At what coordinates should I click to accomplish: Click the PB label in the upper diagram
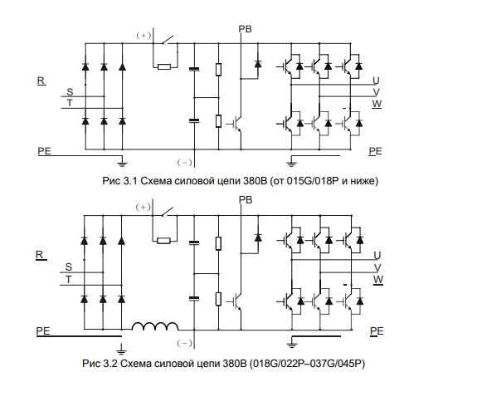(x=245, y=29)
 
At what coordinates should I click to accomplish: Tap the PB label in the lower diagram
(x=246, y=200)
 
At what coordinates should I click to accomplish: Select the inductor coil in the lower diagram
(x=155, y=326)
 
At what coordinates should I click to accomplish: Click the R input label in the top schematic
(x=41, y=81)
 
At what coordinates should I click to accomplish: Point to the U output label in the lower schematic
(x=377, y=255)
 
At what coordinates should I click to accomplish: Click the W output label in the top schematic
(x=377, y=104)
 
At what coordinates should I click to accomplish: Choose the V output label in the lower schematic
(x=377, y=267)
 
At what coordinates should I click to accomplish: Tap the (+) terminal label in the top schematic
(x=144, y=36)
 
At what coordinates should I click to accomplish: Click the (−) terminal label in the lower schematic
(x=185, y=343)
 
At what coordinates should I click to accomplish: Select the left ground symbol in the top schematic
(x=122, y=163)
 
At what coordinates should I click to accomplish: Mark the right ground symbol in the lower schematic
(x=292, y=343)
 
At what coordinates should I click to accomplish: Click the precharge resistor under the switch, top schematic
(x=164, y=66)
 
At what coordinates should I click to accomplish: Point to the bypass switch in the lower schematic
(x=168, y=211)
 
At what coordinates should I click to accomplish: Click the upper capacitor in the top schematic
(x=194, y=70)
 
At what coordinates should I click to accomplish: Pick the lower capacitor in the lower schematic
(x=194, y=298)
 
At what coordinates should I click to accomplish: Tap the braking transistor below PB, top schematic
(x=235, y=124)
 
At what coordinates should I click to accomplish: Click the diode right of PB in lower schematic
(x=258, y=237)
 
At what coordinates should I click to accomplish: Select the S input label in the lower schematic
(x=69, y=267)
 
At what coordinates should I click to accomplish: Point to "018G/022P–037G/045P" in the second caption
(x=307, y=364)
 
